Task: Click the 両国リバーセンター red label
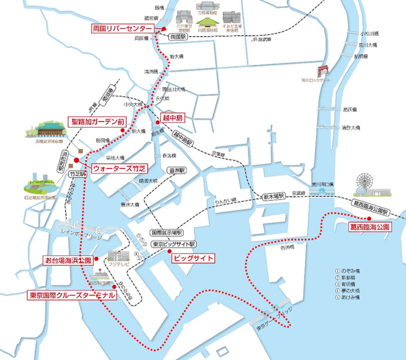(x=122, y=28)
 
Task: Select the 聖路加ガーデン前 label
(x=97, y=122)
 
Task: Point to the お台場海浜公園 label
(x=67, y=260)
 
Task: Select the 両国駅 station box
(x=176, y=36)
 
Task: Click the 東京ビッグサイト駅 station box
(x=174, y=244)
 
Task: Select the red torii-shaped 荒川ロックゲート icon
(x=323, y=71)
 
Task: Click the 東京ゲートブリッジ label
(x=273, y=320)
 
